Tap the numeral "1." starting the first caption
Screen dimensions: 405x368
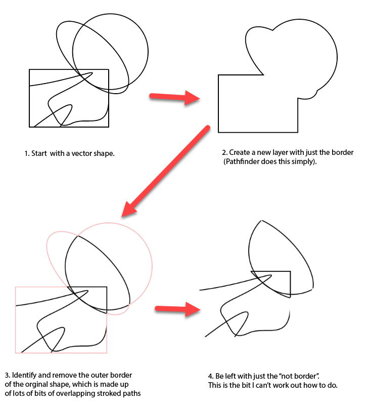coord(27,153)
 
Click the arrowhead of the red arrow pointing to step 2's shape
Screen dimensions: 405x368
coord(192,98)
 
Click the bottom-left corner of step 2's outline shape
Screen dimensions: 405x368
coord(218,132)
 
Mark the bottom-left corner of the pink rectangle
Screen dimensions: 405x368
coord(16,352)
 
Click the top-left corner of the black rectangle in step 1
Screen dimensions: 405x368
coord(29,69)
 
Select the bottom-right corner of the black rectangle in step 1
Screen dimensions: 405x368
coord(109,127)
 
